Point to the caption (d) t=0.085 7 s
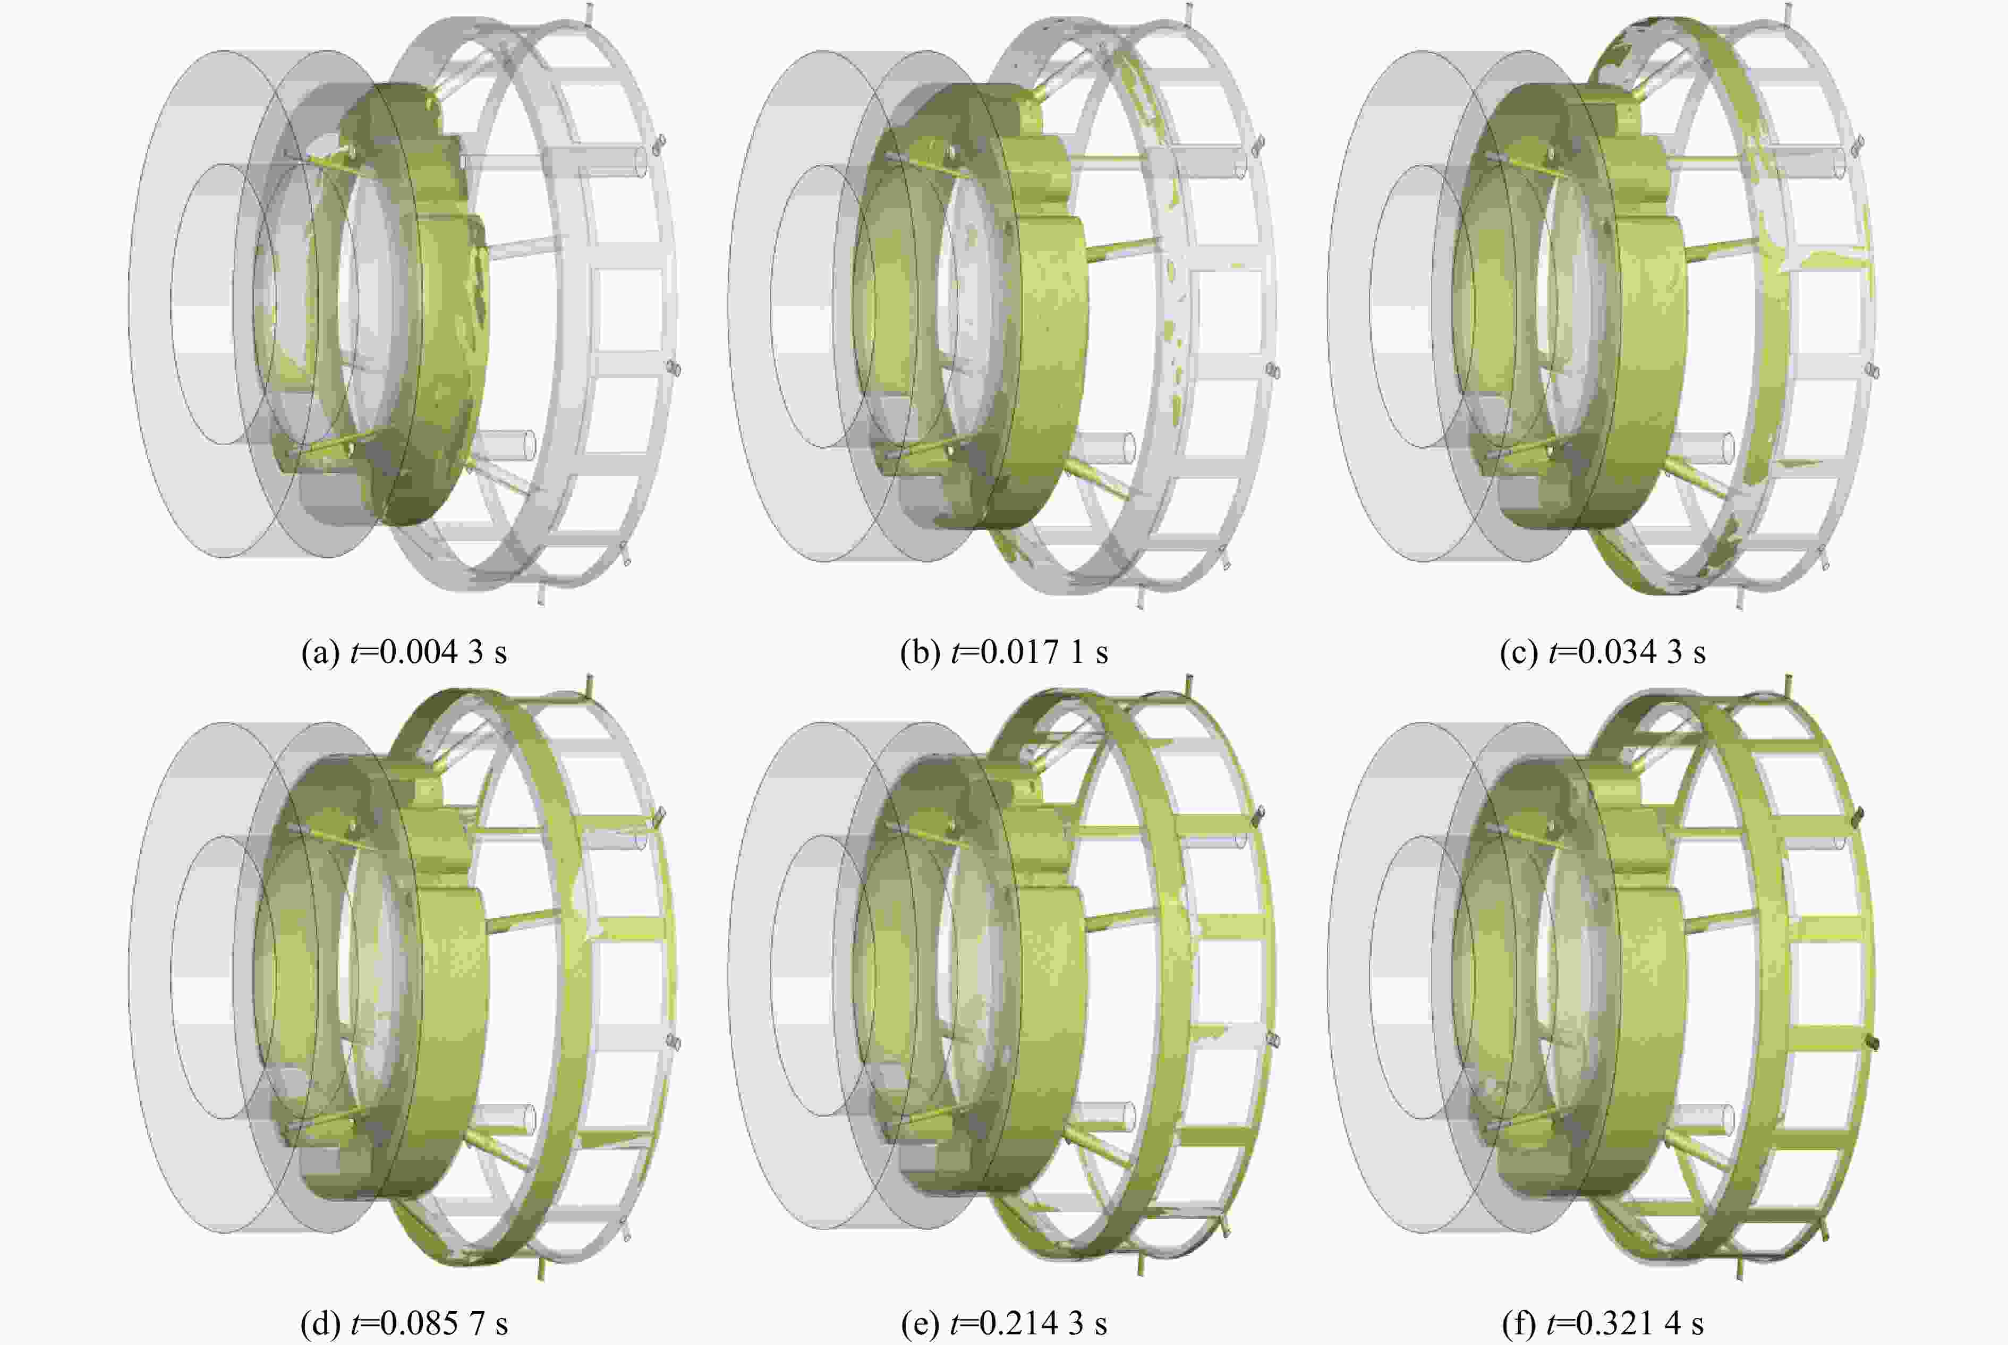point(404,1324)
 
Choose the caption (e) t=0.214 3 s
point(1003,1324)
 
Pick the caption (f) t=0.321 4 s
point(1602,1324)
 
